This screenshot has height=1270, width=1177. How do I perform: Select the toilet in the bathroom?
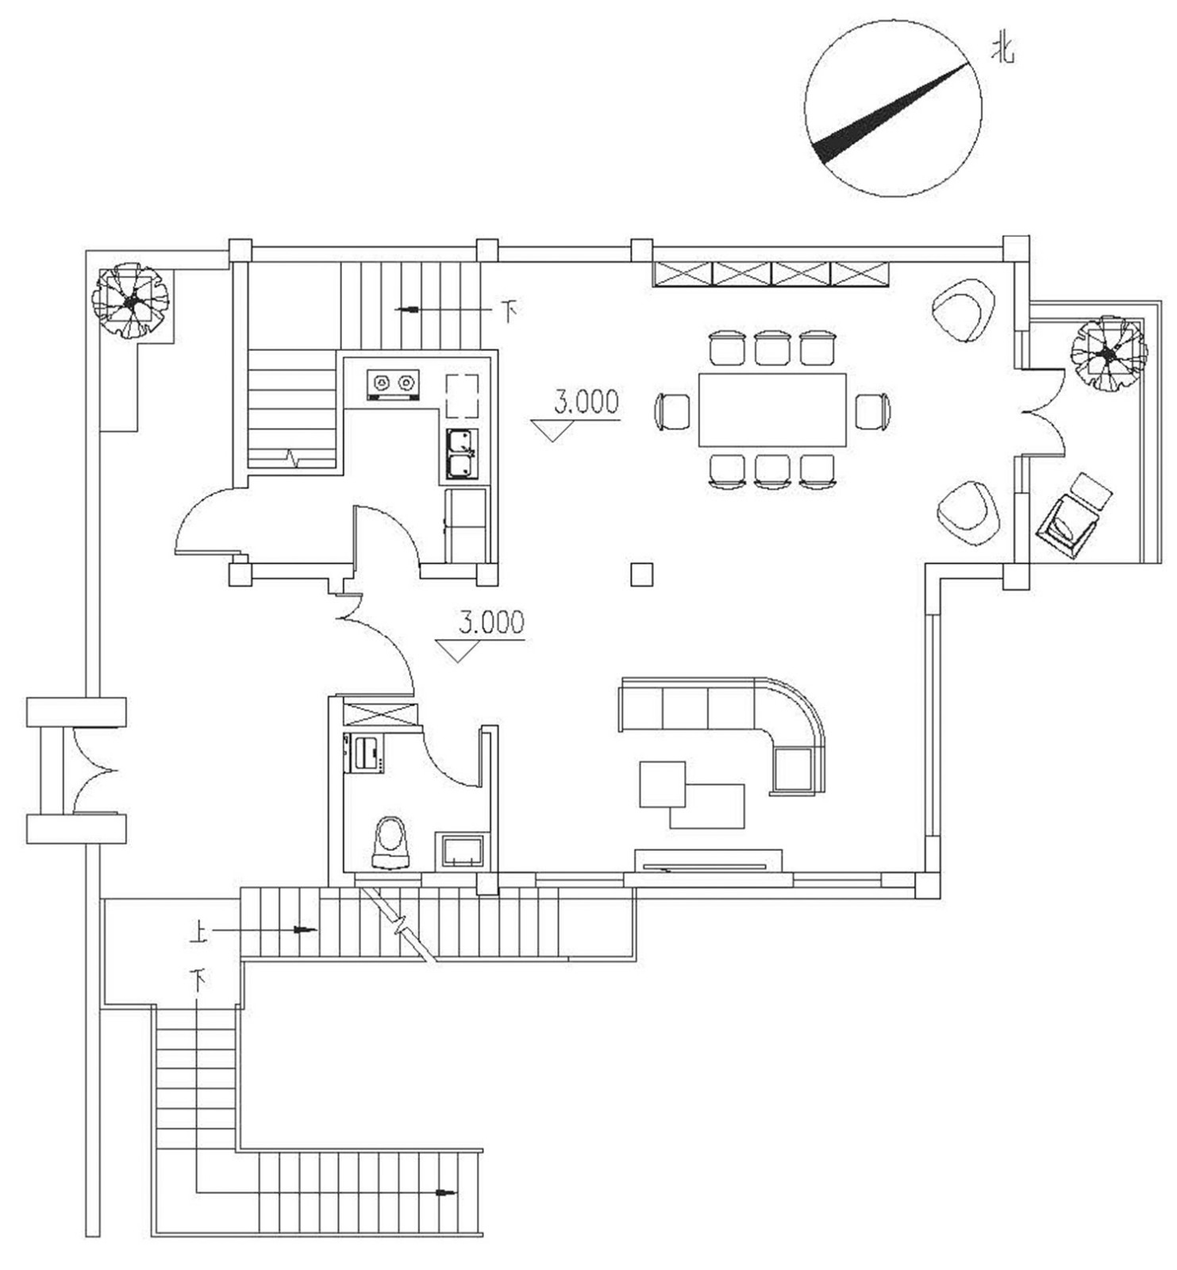click(390, 842)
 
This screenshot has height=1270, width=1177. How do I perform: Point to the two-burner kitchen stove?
click(394, 383)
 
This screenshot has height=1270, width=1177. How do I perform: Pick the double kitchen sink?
click(461, 453)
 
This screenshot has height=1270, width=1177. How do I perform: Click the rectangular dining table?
click(772, 410)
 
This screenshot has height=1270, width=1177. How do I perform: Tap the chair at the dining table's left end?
click(673, 411)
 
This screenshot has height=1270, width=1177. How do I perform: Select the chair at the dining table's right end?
click(872, 411)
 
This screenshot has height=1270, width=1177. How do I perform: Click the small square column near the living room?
click(641, 574)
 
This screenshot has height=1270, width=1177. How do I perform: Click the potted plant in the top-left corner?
click(130, 301)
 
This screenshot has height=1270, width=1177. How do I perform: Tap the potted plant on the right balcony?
click(1108, 353)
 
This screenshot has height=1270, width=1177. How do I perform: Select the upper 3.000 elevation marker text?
click(586, 402)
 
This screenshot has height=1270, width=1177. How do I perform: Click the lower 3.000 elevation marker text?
click(491, 622)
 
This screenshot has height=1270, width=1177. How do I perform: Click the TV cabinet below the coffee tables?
click(708, 860)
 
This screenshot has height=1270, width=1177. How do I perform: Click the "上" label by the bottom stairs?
click(199, 930)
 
